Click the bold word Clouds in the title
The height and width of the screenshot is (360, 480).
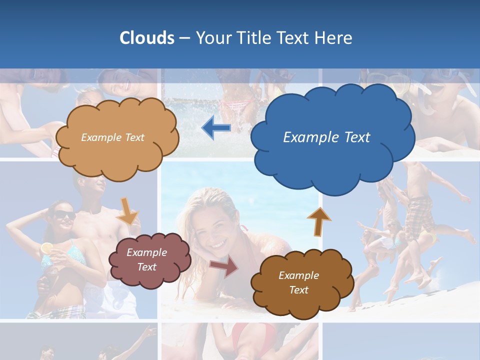point(146,38)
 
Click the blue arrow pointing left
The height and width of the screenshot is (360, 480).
point(216,128)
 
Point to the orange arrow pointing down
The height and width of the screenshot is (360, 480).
point(128,210)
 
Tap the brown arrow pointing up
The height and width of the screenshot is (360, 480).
point(318,221)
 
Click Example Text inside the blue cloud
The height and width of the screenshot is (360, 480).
point(326,137)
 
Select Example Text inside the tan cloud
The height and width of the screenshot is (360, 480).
point(112,137)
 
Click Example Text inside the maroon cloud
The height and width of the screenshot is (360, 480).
point(146,259)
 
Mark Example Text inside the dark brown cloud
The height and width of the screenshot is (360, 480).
point(298,282)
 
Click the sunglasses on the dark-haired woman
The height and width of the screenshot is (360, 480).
point(64,215)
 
